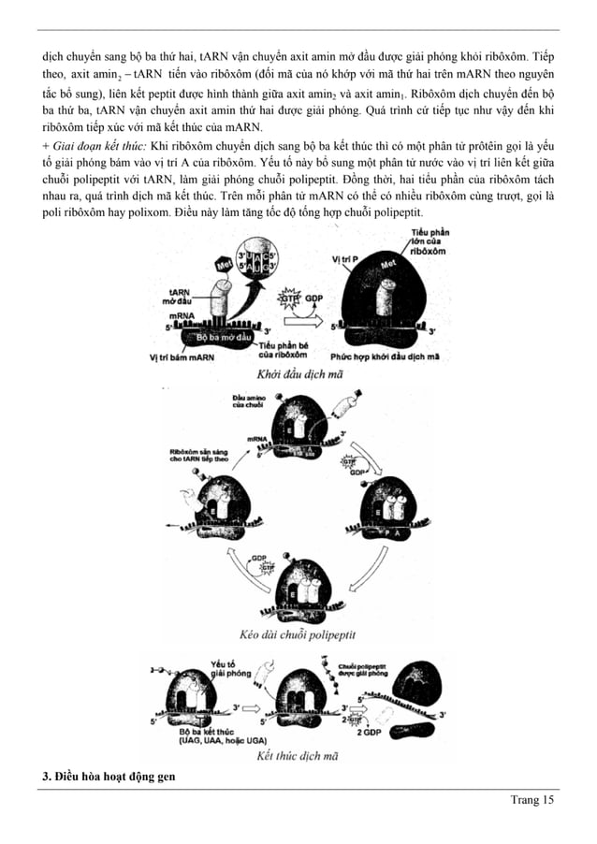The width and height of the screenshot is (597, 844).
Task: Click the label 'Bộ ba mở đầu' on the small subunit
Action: (213, 335)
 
